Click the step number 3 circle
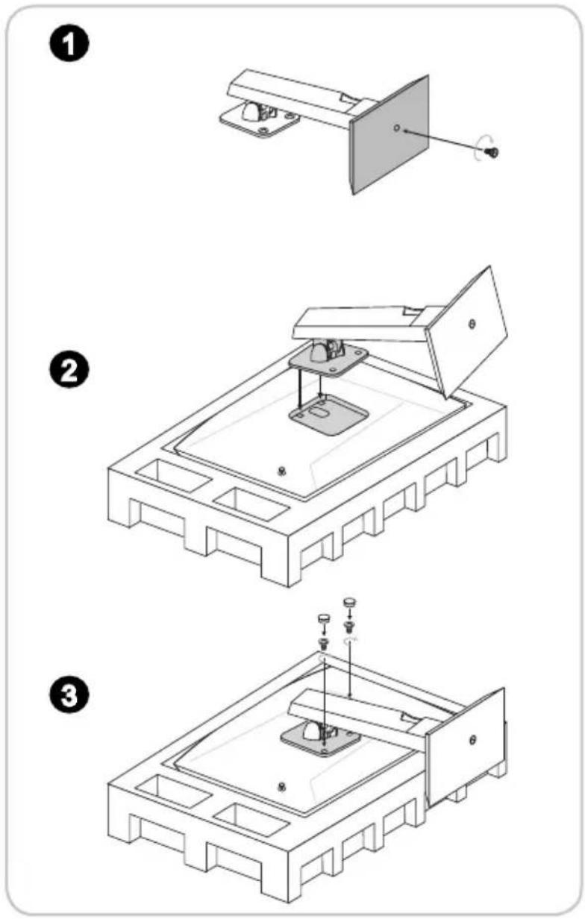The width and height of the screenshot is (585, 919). tap(69, 694)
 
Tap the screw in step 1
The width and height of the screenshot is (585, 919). tap(492, 152)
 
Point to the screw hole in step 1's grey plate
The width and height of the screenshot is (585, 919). tap(396, 128)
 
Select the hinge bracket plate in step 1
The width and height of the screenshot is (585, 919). tap(260, 121)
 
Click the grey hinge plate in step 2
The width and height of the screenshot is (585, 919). tap(328, 360)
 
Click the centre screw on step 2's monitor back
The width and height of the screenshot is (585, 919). tap(281, 471)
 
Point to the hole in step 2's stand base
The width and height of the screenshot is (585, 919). tap(472, 324)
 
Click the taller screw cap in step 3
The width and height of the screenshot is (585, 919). tap(349, 602)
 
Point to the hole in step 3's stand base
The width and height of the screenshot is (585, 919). tap(472, 740)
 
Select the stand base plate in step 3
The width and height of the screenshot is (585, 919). tap(466, 748)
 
